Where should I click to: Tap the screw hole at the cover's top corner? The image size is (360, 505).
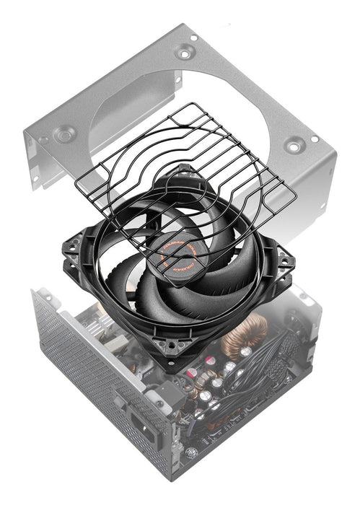click(185, 51)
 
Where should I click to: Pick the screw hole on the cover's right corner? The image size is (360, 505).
click(294, 145)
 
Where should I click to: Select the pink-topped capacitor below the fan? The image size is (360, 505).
click(191, 376)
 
